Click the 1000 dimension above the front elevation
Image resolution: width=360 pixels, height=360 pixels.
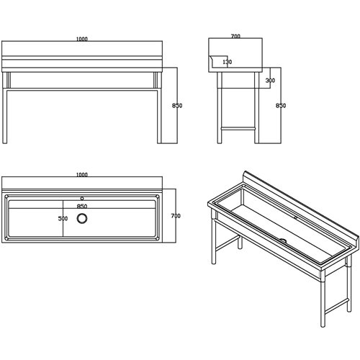pos(82,39)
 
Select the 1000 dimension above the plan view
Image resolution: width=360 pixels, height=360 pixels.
pos(82,175)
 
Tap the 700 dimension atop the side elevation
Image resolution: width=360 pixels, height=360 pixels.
pos(235,36)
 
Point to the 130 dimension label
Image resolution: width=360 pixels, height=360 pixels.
pos(228,62)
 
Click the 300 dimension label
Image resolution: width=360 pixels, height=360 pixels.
pos(270,81)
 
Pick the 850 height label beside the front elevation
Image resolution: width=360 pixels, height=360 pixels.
pos(177,105)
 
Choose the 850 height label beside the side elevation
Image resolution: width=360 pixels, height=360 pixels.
pos(281,105)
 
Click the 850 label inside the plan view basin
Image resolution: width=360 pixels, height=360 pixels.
pos(82,206)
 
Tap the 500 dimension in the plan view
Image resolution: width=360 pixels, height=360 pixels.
pos(63,218)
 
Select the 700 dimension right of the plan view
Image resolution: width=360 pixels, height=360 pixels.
pos(176,216)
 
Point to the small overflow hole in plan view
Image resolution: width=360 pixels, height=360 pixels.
pos(82,199)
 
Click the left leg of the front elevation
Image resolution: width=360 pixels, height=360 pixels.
pos(5,117)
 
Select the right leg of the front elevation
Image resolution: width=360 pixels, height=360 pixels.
pos(159,117)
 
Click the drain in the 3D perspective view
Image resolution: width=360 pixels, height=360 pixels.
pos(283,240)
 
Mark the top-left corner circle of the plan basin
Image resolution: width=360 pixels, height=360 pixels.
pos(6,197)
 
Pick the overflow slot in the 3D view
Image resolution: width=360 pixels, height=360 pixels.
pos(296,218)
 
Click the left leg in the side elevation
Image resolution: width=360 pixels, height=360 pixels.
pos(220,108)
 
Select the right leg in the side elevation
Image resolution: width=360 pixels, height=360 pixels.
pos(256,108)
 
